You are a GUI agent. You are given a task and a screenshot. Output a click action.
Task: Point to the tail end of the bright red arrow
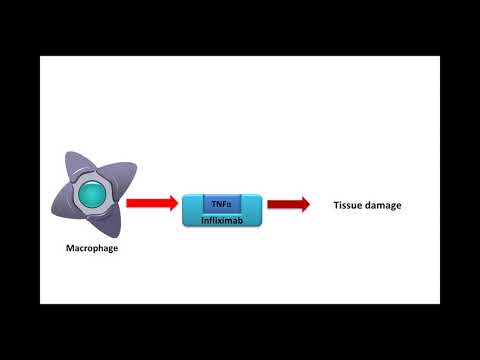(x=129, y=203)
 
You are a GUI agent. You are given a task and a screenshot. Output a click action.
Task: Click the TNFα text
(x=221, y=204)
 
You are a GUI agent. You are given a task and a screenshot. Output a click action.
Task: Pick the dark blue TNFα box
(x=221, y=203)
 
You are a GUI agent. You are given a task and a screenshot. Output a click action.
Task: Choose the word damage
(x=384, y=205)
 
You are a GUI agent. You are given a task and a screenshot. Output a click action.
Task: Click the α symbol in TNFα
(x=229, y=204)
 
